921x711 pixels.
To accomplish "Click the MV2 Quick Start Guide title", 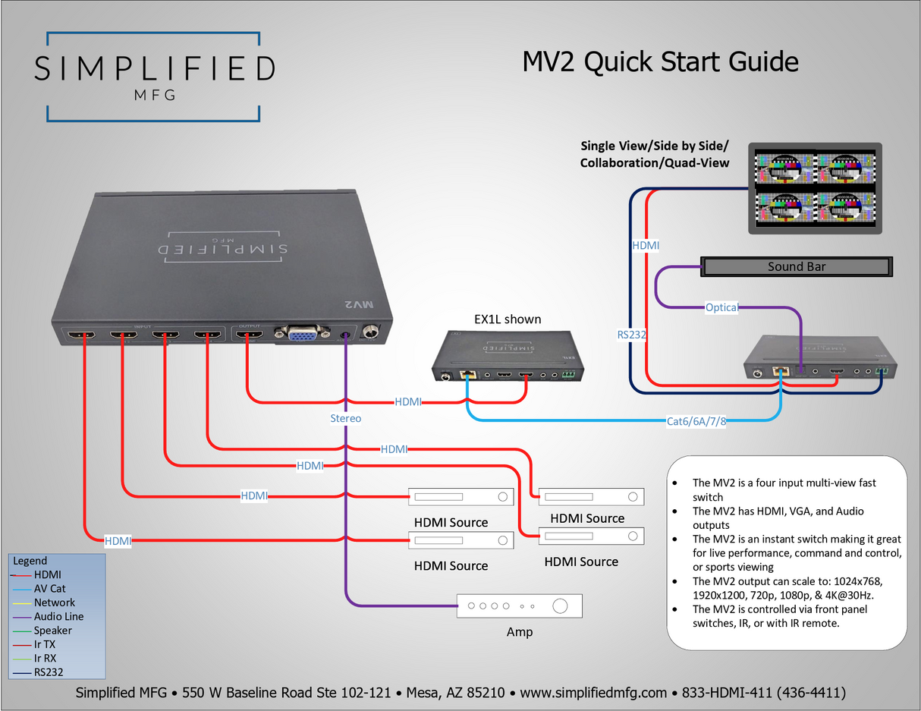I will [660, 61].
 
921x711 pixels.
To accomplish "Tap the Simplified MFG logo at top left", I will [154, 77].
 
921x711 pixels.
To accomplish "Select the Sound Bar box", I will [795, 266].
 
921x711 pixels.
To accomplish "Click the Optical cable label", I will [721, 307].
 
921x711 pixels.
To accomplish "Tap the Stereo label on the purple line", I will [345, 418].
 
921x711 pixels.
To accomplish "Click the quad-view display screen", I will [815, 187].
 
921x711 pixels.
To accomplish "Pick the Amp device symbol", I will [520, 606].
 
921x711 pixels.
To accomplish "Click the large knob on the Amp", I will [560, 606].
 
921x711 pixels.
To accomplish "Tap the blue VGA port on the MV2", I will [302, 335].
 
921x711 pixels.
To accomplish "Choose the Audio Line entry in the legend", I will [58, 616].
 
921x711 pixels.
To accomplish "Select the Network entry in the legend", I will [54, 602].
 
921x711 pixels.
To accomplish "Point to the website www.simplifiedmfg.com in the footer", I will [593, 692].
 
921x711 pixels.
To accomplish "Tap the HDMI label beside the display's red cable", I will [646, 246].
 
